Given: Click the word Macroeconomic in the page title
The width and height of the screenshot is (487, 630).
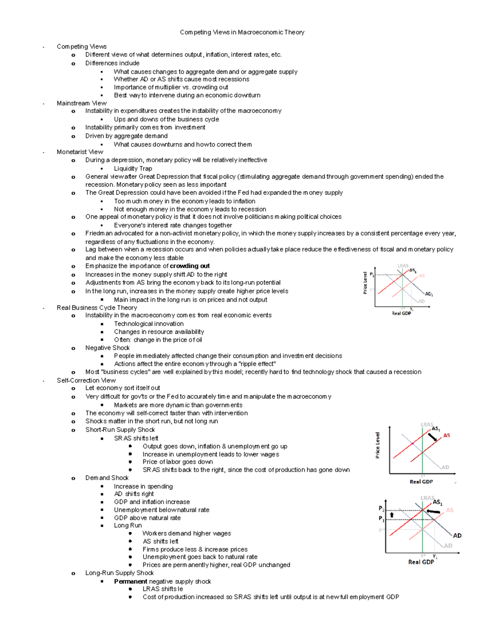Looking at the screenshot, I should [260, 32].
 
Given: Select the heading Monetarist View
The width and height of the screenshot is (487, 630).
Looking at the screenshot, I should [80, 152].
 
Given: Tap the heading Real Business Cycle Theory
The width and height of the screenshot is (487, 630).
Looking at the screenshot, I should [97, 307].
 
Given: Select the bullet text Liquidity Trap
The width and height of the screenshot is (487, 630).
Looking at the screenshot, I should [133, 168].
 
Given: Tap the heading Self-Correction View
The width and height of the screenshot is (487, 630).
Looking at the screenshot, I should [86, 380].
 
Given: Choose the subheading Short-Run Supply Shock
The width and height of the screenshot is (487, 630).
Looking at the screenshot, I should [120, 430].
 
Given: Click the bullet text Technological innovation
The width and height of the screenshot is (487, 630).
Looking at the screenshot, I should [149, 324].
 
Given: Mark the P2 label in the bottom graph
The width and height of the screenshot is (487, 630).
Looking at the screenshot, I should [381, 509].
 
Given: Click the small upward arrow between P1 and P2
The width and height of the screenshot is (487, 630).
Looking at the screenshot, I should [392, 515].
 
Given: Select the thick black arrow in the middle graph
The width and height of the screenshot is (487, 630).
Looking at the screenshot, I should [433, 437].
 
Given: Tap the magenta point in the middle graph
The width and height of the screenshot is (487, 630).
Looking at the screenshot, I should [412, 444].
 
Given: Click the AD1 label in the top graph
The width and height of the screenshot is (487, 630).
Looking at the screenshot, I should [429, 294].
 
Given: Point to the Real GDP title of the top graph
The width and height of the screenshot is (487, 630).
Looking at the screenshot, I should [401, 313].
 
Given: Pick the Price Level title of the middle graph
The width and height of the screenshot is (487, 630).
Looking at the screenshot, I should [377, 445].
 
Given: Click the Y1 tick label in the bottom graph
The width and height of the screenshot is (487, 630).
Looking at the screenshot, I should [435, 557].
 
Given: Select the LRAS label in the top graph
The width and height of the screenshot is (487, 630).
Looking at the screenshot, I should [403, 266].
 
